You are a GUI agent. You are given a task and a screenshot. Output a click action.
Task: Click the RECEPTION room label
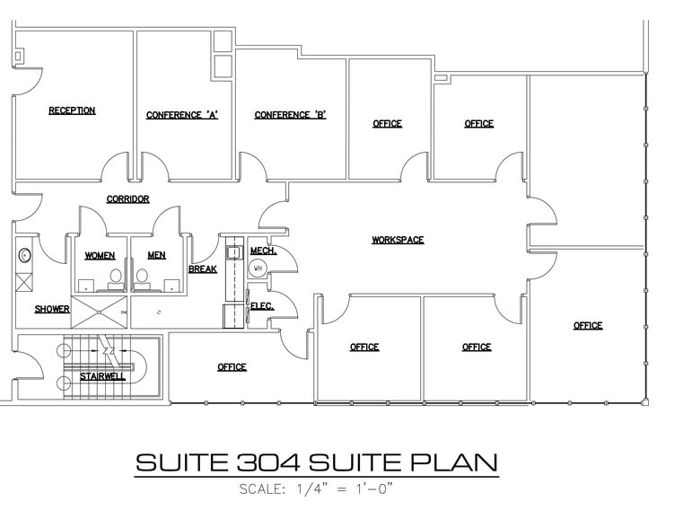click(72, 111)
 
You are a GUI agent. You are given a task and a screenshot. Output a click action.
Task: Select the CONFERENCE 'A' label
click(183, 115)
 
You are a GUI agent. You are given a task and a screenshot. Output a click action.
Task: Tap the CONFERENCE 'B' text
click(290, 115)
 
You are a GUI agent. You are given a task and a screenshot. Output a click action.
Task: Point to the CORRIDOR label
click(127, 199)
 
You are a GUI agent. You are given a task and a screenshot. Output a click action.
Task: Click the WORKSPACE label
click(398, 240)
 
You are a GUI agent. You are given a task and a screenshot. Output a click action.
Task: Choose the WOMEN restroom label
click(100, 256)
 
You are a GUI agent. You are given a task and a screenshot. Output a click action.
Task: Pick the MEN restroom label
click(156, 256)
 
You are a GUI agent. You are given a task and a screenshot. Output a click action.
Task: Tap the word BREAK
click(202, 269)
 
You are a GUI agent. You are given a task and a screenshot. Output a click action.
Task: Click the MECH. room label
click(263, 251)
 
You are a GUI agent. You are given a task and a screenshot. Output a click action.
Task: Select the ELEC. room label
click(261, 306)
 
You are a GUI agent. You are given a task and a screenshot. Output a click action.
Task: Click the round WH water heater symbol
click(258, 268)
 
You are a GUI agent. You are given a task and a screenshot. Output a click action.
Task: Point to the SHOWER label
click(52, 310)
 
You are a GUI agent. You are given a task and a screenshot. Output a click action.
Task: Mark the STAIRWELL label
click(102, 376)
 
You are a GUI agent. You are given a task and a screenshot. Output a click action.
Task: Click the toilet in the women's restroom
click(115, 279)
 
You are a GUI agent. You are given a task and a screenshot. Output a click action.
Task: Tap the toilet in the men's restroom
click(143, 279)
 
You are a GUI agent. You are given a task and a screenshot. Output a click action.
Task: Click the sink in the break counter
click(234, 253)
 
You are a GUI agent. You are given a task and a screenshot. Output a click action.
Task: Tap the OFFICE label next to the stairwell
click(232, 367)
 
